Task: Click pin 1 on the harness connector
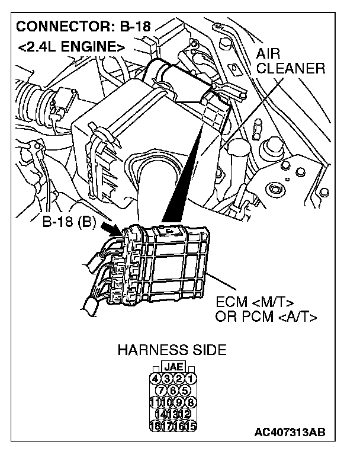191,378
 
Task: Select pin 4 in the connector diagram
156,378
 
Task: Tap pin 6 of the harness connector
173,390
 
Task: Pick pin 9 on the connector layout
179,402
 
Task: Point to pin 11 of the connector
156,402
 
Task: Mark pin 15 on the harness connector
191,425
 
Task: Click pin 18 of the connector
156,425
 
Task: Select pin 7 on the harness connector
161,390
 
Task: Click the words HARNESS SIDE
172,350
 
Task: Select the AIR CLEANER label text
291,62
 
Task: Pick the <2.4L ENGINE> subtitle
72,46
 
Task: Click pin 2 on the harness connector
179,378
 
